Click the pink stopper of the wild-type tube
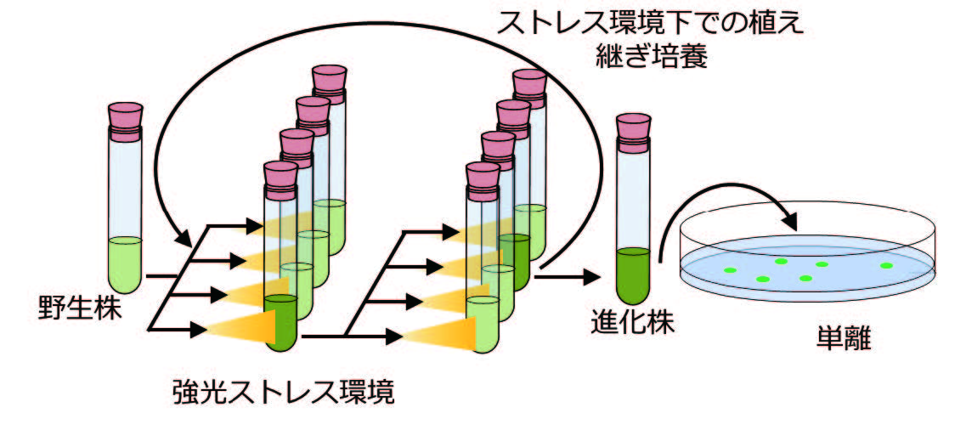tap(126, 119)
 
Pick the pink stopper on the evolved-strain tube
tap(634, 128)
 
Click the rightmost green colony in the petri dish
tap(886, 265)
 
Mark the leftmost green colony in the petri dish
tap(730, 270)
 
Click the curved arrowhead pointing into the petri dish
tap(791, 223)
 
